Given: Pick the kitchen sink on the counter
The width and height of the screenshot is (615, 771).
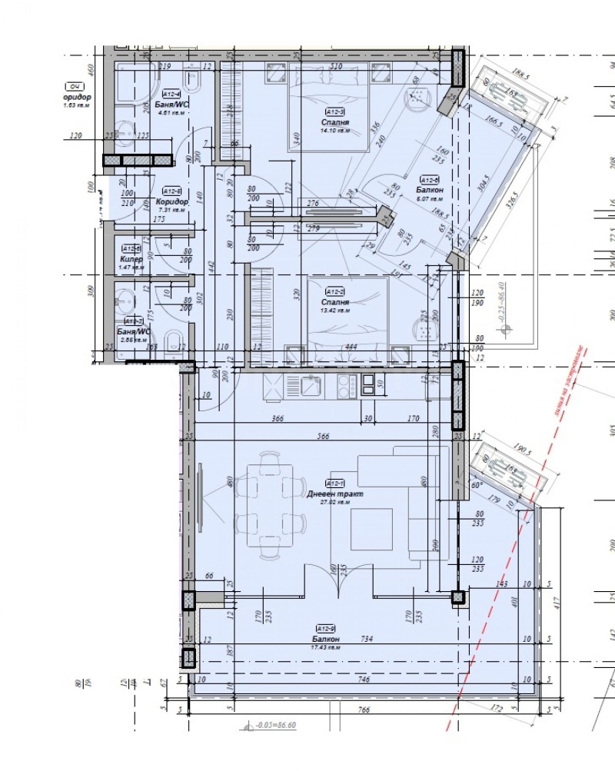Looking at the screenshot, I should tap(312, 387).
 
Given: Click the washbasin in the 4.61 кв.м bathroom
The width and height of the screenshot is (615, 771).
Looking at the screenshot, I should tap(125, 133).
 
